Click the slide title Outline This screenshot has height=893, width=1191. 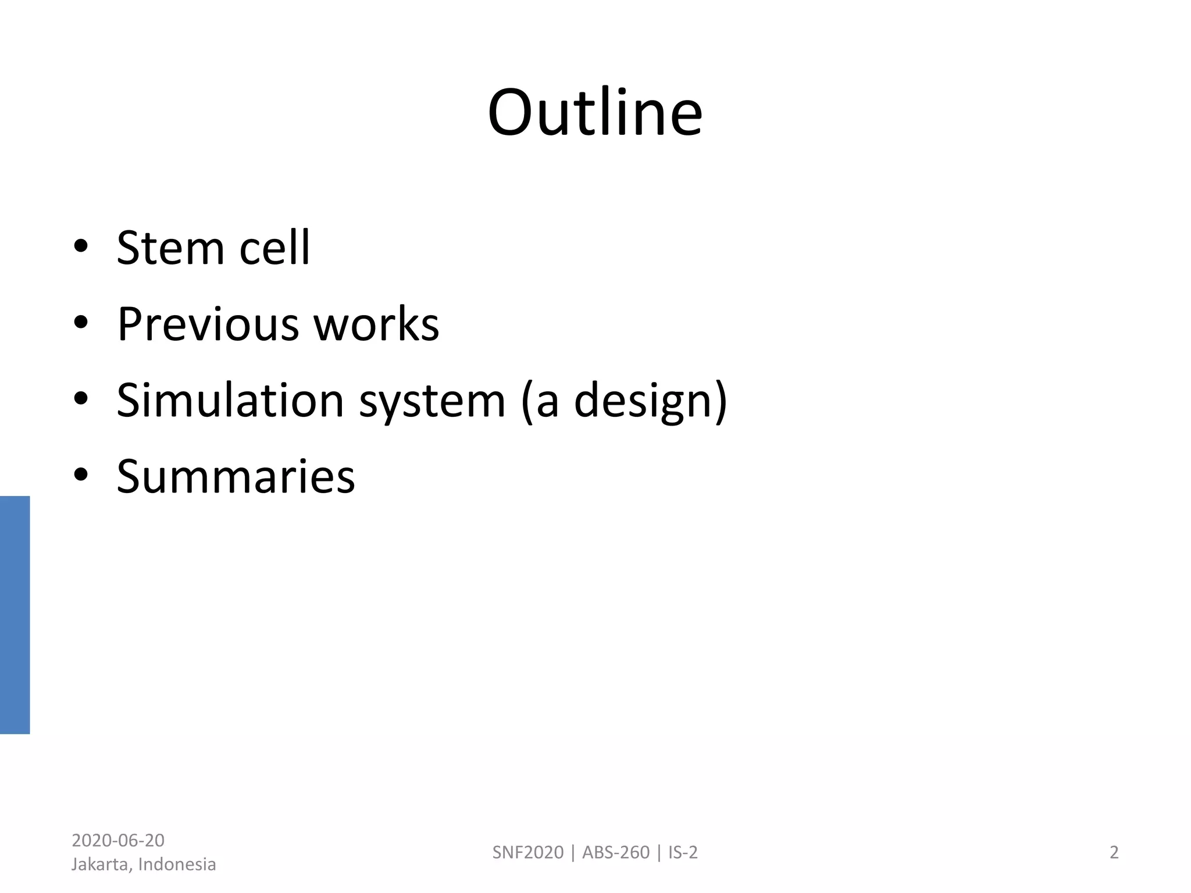point(595,113)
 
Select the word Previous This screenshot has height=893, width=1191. point(208,324)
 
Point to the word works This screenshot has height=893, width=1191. point(376,324)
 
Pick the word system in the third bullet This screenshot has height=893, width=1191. point(432,401)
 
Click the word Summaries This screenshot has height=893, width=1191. point(236,477)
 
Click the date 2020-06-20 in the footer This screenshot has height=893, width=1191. point(118,840)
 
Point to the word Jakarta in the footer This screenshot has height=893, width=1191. point(102,865)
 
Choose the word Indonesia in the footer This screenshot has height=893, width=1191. point(177,865)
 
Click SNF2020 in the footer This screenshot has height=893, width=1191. point(528,852)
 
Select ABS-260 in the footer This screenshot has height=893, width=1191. point(616,852)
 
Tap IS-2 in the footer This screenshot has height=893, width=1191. point(683,852)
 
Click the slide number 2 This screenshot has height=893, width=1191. point(1114,852)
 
